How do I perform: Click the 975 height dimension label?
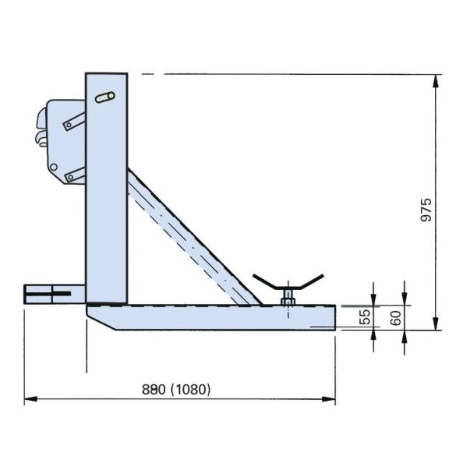[x=426, y=210]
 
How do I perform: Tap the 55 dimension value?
[x=366, y=316]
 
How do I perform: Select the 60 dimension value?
[x=396, y=318]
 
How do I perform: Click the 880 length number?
[x=154, y=389]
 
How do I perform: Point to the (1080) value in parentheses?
[x=190, y=389]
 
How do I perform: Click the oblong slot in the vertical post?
[x=105, y=97]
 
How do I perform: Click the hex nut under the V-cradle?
[x=288, y=302]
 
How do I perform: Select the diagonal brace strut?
[x=194, y=238]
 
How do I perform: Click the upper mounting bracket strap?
[x=75, y=122]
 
